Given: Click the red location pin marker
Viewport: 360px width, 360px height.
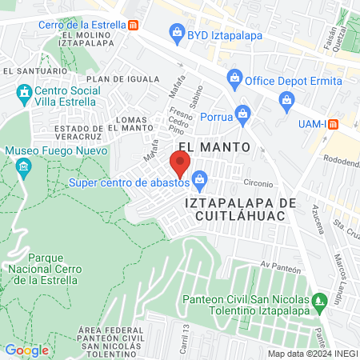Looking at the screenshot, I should [180, 165].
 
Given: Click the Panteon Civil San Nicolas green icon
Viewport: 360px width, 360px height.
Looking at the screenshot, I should [321, 303].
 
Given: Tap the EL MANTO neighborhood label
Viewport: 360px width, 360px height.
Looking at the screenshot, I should [214, 147].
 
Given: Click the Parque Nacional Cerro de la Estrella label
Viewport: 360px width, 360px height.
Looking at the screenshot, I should [52, 269].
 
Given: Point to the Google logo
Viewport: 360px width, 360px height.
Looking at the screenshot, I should [26, 350].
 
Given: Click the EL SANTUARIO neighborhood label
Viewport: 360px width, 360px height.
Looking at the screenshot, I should [29, 70].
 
